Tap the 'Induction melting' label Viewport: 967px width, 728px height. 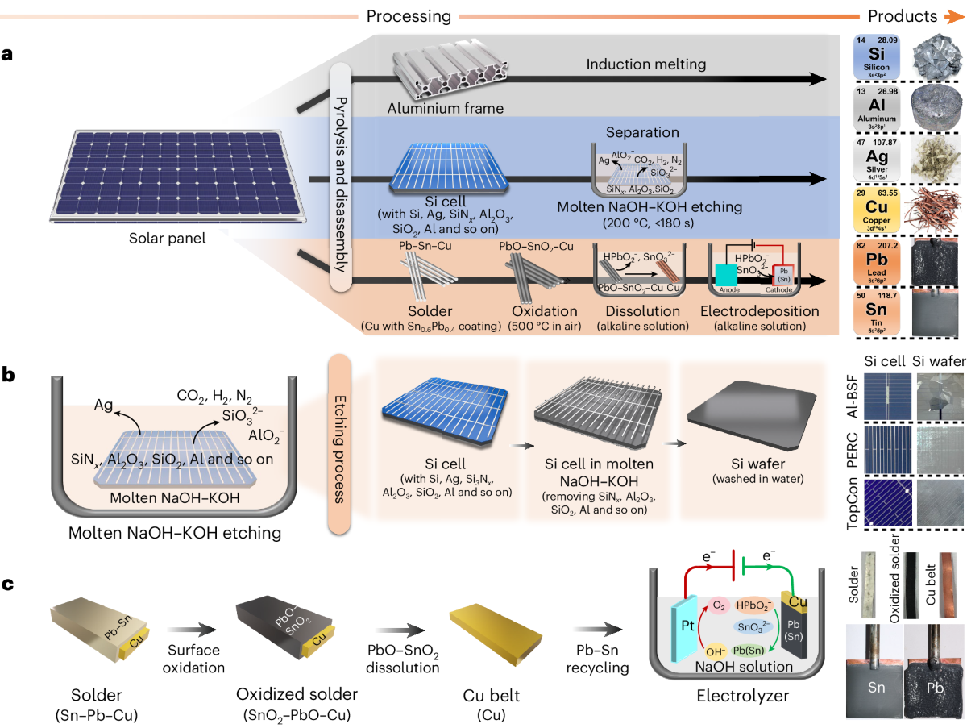(646, 64)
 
